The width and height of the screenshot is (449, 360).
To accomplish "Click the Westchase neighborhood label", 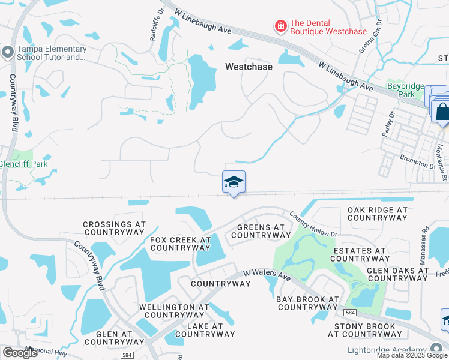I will pos(249,67).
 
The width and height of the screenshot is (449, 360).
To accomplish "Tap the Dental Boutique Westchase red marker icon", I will pos(280,26).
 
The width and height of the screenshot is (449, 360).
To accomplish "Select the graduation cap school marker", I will pos(234,182).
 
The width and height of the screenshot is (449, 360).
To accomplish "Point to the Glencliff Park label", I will pos(23,164).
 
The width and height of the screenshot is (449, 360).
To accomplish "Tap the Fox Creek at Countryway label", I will pos(180,243).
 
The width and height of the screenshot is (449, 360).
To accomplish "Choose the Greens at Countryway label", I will pos(261,231).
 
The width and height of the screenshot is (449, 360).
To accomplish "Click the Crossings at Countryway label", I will pos(114,228).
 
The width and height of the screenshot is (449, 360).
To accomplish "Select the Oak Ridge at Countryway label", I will pos(378,214).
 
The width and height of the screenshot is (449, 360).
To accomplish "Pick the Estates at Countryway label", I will pos(360,254).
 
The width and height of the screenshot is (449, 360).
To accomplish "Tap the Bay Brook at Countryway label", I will pos(308,303).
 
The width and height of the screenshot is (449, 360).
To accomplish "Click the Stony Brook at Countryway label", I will pos(369,330).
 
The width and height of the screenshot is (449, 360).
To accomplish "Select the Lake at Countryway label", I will pos(196,330).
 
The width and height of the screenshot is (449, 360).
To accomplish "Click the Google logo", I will pos(20,353).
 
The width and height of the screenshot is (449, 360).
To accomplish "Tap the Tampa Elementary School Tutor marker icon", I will pos(7,52).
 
